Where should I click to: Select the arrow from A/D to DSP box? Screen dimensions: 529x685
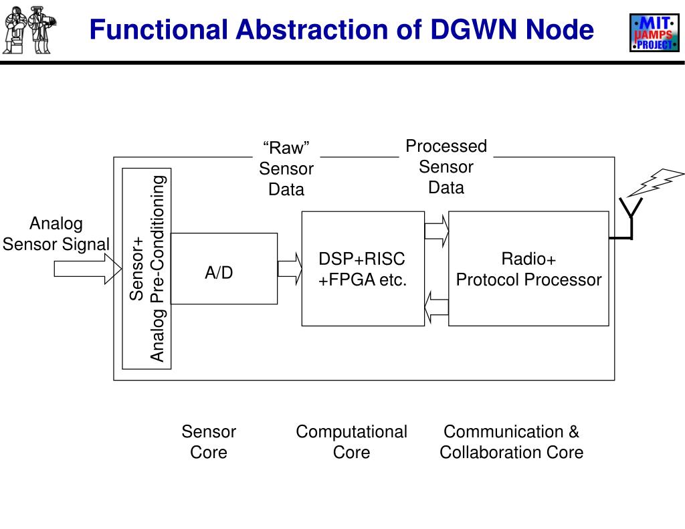pos(290,269)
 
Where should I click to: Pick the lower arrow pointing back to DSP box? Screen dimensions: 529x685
pos(437,308)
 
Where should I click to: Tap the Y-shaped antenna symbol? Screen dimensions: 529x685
pos(629,217)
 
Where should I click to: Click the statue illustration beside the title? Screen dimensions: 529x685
pos(29,30)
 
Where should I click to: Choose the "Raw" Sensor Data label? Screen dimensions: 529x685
pos(286,169)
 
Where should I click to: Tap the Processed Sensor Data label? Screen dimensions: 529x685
pos(446,167)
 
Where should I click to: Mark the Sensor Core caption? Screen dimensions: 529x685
pos(209,442)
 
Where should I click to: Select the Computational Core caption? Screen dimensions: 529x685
pos(351,442)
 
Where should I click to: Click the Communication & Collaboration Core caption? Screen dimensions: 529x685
pos(511,442)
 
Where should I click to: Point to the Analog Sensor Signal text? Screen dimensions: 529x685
pos(56,234)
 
